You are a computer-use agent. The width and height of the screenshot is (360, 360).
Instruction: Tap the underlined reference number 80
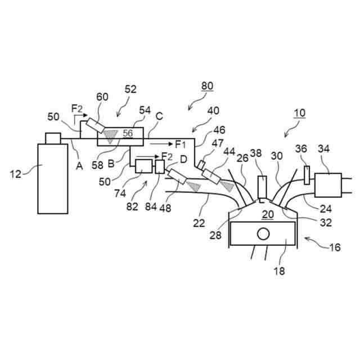[207, 87]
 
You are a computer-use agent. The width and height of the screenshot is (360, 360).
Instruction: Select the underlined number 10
[299, 112]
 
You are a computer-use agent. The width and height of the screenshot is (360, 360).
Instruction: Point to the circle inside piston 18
[262, 232]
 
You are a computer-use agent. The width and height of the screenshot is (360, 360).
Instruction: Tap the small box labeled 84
[160, 167]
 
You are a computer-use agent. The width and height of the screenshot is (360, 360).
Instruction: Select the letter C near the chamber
[159, 117]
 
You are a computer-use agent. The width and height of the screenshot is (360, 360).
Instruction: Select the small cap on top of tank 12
[53, 138]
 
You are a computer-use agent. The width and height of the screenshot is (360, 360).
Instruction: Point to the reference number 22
[198, 223]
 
